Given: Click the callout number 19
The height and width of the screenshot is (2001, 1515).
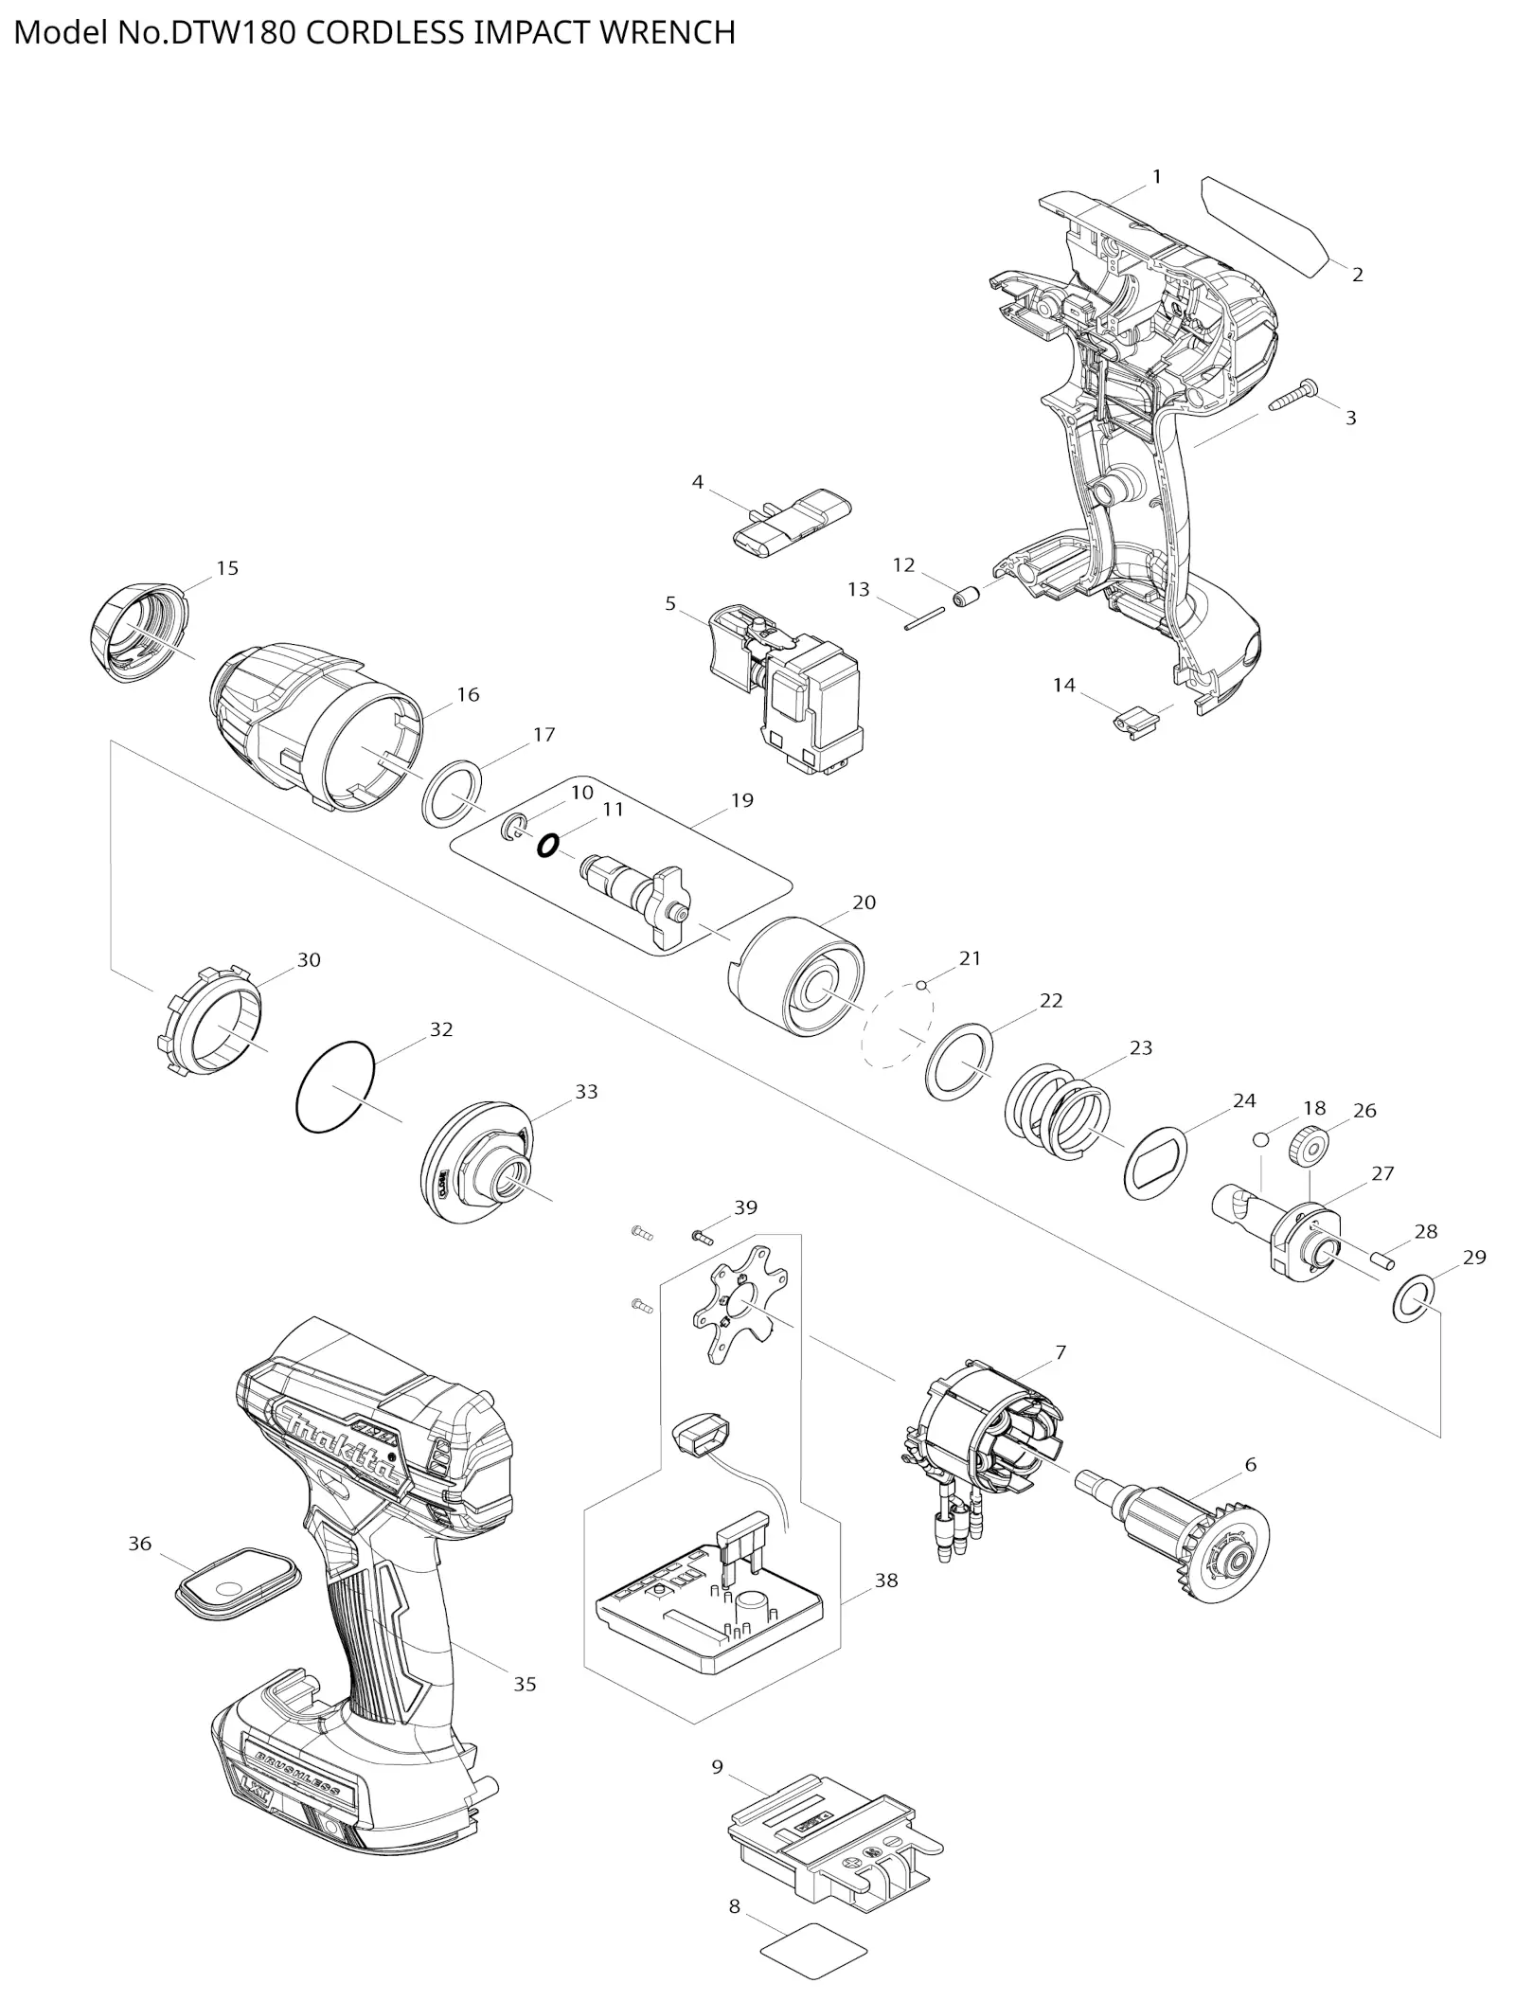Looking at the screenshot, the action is [x=741, y=800].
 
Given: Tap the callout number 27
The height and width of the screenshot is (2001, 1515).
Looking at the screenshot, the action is [x=1382, y=1173].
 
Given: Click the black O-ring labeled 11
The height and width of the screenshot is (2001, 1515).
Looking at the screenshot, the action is [x=546, y=845].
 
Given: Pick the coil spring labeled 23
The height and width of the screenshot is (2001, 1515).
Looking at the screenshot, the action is [x=1057, y=1111].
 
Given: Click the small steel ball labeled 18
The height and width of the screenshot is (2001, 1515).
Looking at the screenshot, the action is [x=1261, y=1138].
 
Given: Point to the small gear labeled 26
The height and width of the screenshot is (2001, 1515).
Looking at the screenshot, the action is [x=1307, y=1148].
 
